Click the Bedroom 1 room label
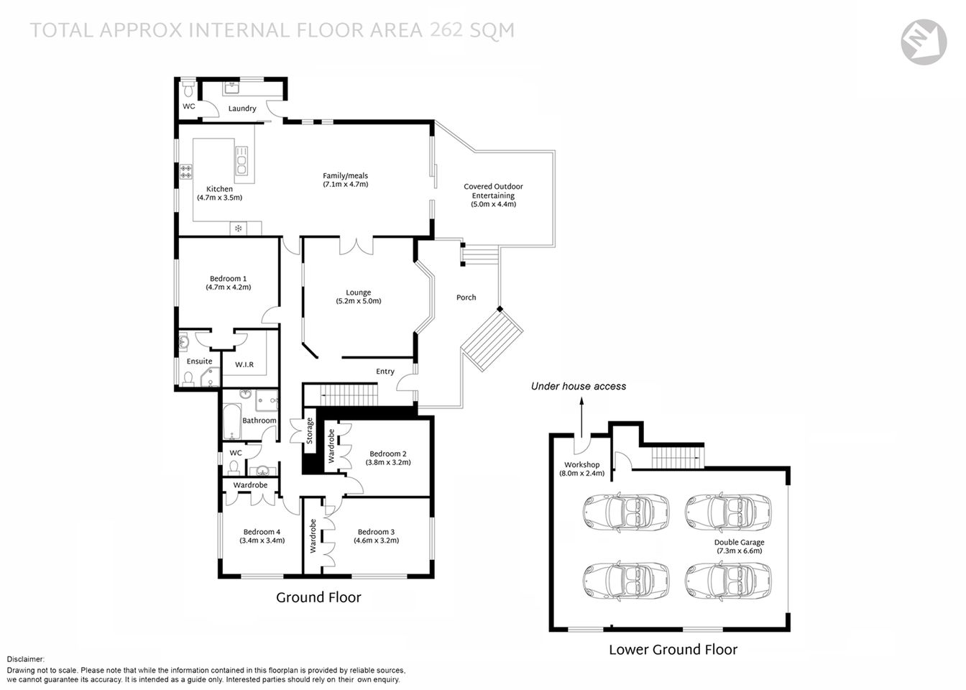point(228,279)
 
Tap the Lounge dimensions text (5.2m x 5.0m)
point(358,302)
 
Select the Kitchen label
point(219,189)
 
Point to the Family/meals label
point(345,175)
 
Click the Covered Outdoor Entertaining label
point(493,191)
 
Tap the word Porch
point(466,298)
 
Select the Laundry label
point(242,109)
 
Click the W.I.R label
point(244,365)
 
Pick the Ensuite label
point(199,362)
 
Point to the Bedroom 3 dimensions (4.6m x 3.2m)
point(376,540)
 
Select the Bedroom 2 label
point(388,454)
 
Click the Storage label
point(310,431)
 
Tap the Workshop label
point(581,465)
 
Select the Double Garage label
point(739,543)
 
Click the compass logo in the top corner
point(924,42)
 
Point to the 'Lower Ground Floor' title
point(673,650)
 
